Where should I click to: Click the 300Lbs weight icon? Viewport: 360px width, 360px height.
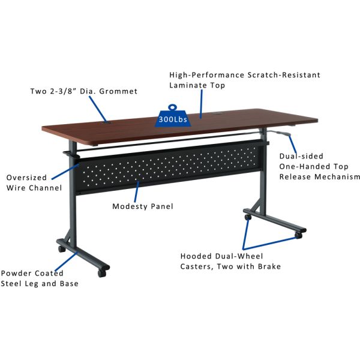point(173,116)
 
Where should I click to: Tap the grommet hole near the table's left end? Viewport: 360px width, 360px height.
point(106,122)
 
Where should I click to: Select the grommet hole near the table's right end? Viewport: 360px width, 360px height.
point(217,113)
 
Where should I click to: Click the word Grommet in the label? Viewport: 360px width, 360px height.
point(118,91)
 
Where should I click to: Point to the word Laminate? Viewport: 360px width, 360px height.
point(185,85)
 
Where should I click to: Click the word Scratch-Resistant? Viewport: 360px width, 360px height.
point(284,75)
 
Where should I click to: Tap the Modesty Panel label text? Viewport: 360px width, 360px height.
point(143,206)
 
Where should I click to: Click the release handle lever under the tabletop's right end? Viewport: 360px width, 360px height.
point(280,134)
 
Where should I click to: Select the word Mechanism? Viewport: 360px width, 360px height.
point(337,177)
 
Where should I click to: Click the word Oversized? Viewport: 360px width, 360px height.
point(26,178)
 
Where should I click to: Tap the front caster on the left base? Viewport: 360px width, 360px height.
point(102,273)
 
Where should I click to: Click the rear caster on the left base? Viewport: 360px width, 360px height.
point(62,248)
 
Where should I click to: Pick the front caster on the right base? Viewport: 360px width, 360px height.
point(298,235)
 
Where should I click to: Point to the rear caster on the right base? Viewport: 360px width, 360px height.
point(248,217)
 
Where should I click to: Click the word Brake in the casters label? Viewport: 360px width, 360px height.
point(269,266)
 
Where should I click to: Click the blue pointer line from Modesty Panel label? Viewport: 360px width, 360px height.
point(137,191)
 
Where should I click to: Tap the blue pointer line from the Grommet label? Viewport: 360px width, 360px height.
point(98,109)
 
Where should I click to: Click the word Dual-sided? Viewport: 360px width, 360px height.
point(301,156)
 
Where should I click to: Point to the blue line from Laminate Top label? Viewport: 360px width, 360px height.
point(201,104)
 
